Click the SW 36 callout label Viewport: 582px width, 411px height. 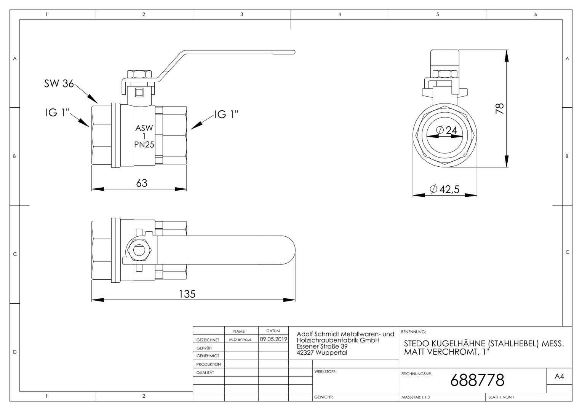click(x=59, y=84)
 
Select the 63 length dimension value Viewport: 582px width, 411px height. click(x=142, y=183)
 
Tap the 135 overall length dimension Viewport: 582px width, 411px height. click(x=187, y=294)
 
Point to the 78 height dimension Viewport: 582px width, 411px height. click(x=500, y=108)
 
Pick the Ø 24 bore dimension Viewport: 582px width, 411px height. click(x=446, y=130)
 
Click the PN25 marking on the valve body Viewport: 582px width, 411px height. click(x=144, y=145)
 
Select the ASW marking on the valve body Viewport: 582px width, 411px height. click(x=144, y=128)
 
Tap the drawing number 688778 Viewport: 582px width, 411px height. click(x=477, y=380)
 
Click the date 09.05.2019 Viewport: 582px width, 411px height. click(x=273, y=339)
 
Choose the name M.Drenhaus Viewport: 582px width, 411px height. click(x=240, y=339)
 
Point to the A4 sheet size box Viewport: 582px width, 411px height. click(x=560, y=376)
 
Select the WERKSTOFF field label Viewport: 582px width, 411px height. click(x=325, y=371)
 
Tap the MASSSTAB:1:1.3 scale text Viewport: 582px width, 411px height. click(x=416, y=397)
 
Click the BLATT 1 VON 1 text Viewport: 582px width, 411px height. click(x=501, y=397)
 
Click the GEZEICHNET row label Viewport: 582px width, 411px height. click(x=208, y=340)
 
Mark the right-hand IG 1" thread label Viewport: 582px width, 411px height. click(x=226, y=114)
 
